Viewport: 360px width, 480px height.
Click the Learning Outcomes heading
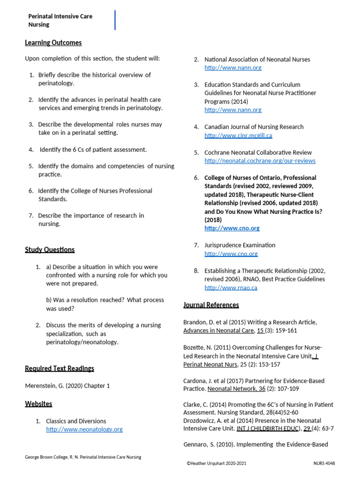(x=53, y=43)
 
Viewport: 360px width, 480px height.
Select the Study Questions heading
(x=50, y=249)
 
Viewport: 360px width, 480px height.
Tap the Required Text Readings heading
(x=60, y=368)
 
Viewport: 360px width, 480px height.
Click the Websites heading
(x=38, y=404)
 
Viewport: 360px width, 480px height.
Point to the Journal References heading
(x=211, y=305)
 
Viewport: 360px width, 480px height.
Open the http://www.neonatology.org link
(x=84, y=429)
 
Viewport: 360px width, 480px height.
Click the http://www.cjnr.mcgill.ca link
(x=238, y=135)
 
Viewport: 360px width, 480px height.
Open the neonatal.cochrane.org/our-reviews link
(x=260, y=161)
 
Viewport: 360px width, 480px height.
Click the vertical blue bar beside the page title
(x=115, y=20)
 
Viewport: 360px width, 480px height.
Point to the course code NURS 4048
(x=324, y=463)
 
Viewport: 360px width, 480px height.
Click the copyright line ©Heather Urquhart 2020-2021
(x=216, y=463)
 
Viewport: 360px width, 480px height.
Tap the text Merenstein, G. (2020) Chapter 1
(x=67, y=386)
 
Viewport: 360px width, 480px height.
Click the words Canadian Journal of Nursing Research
(x=254, y=127)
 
